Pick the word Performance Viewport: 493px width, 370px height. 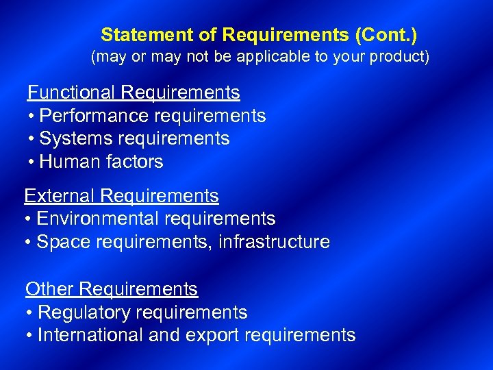click(92, 116)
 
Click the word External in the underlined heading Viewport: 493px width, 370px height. click(60, 196)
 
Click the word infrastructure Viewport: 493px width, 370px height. click(274, 242)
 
